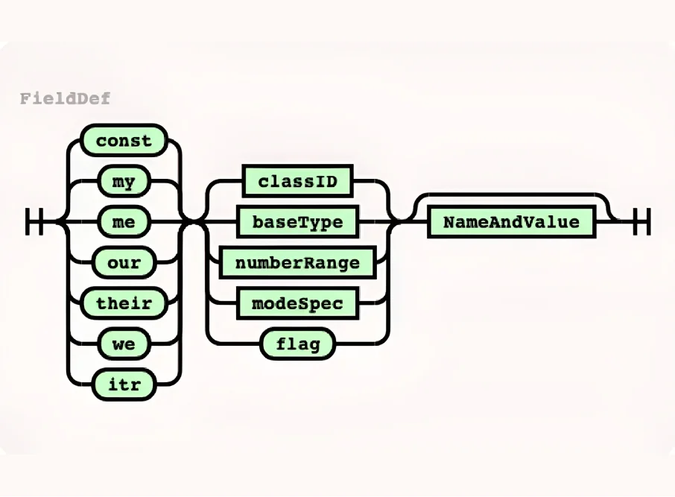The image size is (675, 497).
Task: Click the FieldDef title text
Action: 66,98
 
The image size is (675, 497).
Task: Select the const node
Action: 124,141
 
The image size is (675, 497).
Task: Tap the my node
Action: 124,181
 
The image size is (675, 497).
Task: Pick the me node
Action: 124,222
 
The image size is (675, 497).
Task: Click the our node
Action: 124,262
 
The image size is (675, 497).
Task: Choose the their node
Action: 124,303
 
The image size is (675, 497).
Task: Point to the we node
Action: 124,344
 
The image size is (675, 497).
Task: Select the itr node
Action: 124,384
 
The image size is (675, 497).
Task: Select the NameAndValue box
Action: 511,222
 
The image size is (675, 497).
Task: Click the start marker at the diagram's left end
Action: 34,222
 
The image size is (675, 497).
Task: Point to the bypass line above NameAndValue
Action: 511,196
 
